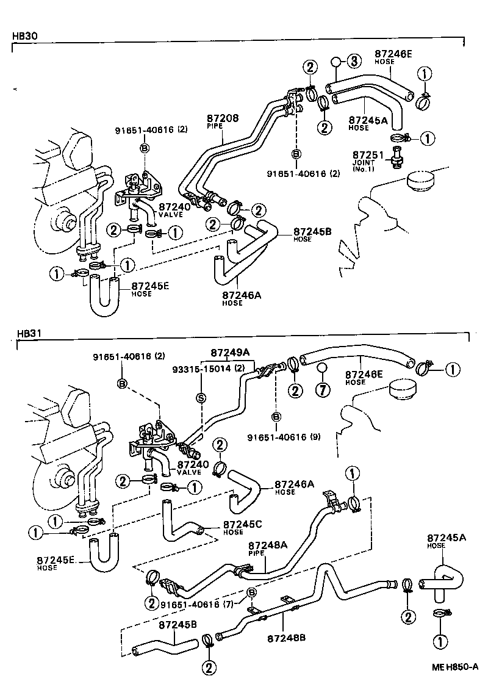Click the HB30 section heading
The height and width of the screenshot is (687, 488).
tap(25, 36)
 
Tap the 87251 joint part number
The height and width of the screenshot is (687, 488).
tap(366, 156)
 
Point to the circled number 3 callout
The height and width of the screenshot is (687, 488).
tap(354, 61)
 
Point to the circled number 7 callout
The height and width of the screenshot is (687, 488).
tap(323, 389)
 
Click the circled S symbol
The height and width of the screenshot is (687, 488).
tap(200, 398)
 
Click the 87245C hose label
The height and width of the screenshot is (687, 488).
tap(243, 524)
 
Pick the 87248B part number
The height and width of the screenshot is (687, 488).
tap(286, 638)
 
